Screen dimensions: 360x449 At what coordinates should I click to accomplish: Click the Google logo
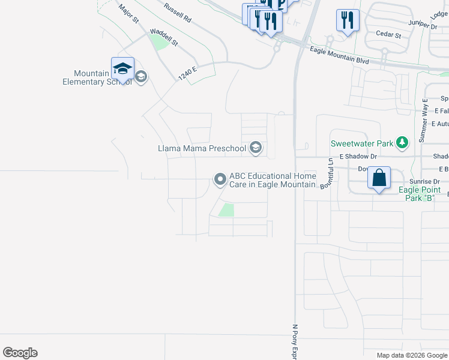click(x=20, y=353)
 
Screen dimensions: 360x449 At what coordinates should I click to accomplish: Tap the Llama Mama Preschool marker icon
click(x=256, y=148)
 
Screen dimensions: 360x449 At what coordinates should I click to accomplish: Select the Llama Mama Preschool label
click(x=202, y=148)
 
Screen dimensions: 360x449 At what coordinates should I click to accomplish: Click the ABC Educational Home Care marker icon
click(x=220, y=179)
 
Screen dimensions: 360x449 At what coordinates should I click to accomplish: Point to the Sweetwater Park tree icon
click(x=402, y=143)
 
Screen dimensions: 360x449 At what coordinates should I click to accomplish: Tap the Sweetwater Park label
click(x=362, y=143)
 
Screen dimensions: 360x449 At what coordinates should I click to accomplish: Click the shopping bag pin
click(x=379, y=178)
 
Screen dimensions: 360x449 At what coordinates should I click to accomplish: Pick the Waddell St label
click(x=164, y=37)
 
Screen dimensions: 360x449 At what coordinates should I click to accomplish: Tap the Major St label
click(x=129, y=14)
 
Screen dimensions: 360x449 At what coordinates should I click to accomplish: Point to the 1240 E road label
click(x=187, y=74)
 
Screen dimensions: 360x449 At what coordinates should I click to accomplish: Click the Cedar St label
click(x=388, y=35)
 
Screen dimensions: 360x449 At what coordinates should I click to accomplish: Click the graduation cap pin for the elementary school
click(x=122, y=68)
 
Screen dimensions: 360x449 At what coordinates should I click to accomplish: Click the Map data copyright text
click(x=411, y=355)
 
